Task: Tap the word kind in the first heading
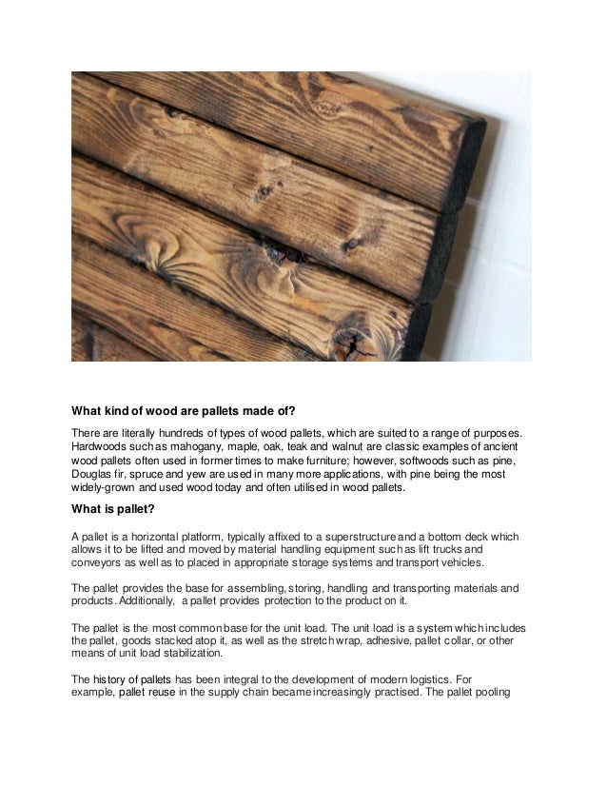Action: coord(123,412)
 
